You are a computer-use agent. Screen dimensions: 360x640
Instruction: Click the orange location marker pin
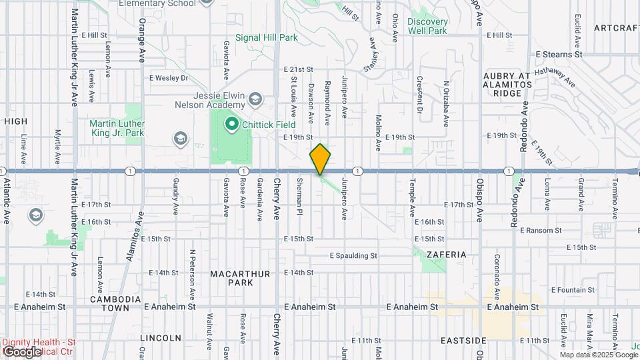(321, 159)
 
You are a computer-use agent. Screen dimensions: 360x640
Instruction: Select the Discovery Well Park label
(427, 26)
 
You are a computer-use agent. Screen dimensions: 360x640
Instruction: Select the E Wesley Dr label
(169, 78)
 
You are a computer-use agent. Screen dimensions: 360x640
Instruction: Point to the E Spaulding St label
(353, 255)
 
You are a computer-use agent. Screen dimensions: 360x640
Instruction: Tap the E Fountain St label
(573, 290)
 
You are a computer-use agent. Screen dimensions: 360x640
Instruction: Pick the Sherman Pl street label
(300, 195)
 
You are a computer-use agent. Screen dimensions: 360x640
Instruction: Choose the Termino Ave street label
(614, 198)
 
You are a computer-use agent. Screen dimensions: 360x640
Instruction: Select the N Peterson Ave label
(192, 273)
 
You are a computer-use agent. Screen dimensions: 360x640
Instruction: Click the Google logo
(21, 351)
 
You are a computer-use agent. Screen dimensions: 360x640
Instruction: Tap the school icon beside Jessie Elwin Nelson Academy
(255, 100)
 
